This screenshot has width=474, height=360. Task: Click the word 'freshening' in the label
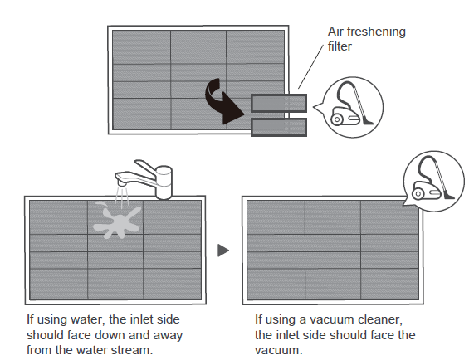[376, 32]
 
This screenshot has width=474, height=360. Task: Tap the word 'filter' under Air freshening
[340, 46]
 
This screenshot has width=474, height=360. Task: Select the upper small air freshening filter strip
[279, 104]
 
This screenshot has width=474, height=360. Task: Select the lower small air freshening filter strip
[279, 127]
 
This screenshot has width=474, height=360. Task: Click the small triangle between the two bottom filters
[222, 251]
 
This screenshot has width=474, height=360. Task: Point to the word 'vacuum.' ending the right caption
[278, 351]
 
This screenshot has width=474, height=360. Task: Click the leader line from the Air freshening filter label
[310, 66]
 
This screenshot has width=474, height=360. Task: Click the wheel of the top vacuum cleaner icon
[337, 119]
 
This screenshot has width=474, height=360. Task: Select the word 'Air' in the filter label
[335, 32]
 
